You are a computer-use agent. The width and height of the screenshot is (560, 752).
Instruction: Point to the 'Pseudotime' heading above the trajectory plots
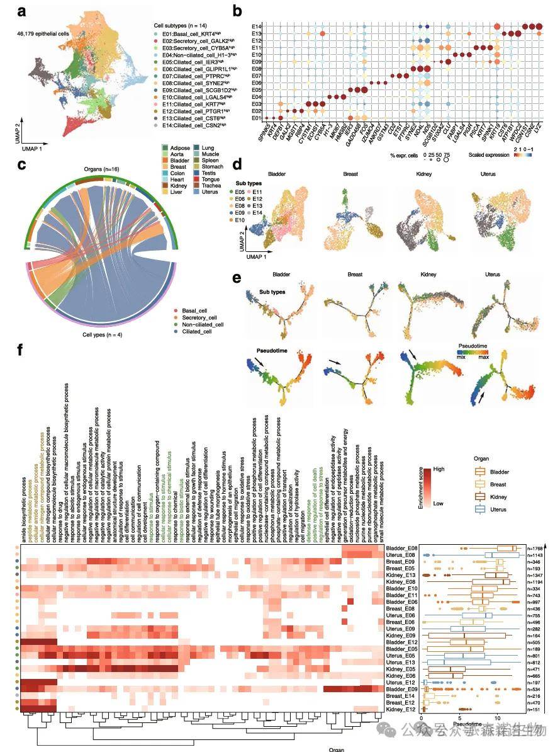point(274,350)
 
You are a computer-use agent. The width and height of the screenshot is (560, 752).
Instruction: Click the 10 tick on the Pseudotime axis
point(497,717)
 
